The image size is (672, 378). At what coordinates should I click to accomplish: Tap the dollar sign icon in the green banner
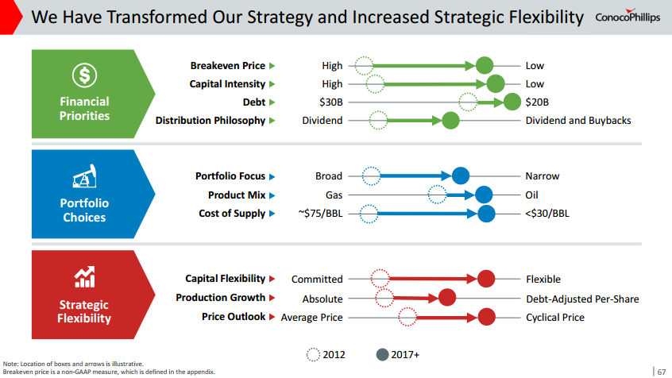(x=84, y=75)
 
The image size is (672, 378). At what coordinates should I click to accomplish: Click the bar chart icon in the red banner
(x=84, y=277)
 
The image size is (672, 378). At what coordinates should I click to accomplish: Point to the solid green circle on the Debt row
(x=512, y=102)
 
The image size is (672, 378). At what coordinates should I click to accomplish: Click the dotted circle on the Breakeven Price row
(x=364, y=66)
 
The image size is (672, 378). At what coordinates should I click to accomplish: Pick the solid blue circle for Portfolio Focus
(x=460, y=176)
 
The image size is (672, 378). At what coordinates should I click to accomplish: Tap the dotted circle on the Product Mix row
(x=437, y=195)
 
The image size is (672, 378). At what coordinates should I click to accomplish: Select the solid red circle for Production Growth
(x=446, y=299)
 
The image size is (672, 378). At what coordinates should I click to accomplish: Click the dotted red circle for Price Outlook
(x=408, y=318)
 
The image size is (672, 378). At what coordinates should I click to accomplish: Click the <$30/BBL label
(x=547, y=214)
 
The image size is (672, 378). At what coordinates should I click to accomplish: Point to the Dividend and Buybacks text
(x=578, y=121)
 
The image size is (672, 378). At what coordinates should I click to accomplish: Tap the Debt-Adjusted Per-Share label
(x=582, y=299)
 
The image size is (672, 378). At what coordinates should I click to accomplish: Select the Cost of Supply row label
(x=232, y=214)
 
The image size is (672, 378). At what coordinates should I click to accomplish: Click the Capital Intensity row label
(x=227, y=84)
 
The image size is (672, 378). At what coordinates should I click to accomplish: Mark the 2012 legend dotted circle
(x=314, y=354)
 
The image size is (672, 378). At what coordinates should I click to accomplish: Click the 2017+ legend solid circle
(x=382, y=354)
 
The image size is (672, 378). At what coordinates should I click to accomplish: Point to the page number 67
(x=661, y=369)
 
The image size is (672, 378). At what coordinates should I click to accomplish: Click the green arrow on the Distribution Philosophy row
(x=413, y=121)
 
